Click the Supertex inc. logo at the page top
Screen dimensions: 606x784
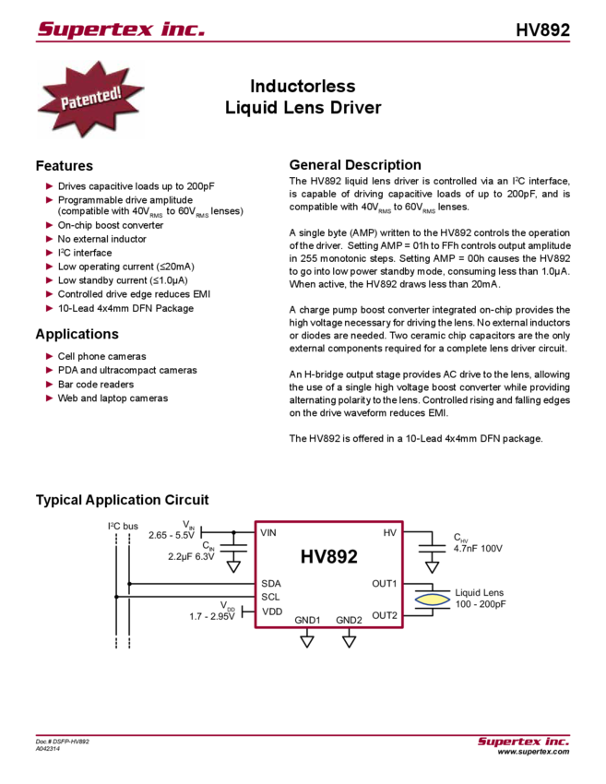tap(120, 30)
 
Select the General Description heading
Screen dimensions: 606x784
tap(355, 165)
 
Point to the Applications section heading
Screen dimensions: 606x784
tap(77, 333)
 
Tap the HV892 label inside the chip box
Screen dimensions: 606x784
tap(327, 557)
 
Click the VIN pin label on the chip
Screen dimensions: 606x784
tap(269, 533)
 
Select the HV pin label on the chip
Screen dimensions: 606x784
tap(389, 533)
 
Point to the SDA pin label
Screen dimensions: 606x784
tap(271, 584)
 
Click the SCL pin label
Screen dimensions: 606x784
tap(270, 597)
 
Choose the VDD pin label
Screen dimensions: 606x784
tap(270, 611)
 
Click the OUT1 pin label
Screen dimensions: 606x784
tap(384, 584)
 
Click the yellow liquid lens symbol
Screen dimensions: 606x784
tap(432, 600)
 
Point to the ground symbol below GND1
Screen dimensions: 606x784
tap(307, 638)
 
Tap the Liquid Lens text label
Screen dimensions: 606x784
tap(479, 592)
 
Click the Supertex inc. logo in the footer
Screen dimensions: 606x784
tap(523, 742)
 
